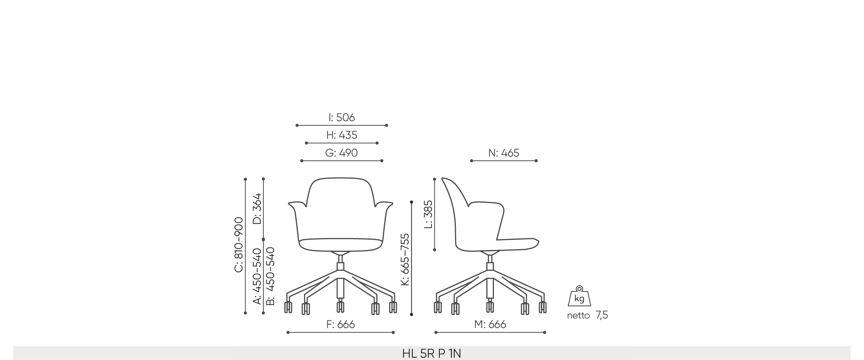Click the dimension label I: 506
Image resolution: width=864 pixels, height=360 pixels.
341,117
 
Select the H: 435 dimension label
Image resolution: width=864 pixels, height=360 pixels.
341,135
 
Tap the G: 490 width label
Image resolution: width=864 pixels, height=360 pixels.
341,153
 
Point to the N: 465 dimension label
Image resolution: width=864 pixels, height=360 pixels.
503,153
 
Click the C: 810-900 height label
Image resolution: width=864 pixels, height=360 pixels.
239,245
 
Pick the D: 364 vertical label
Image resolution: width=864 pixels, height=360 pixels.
257,209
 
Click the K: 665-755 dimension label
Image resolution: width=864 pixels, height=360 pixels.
405,259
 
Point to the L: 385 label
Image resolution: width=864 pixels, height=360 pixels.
428,214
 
